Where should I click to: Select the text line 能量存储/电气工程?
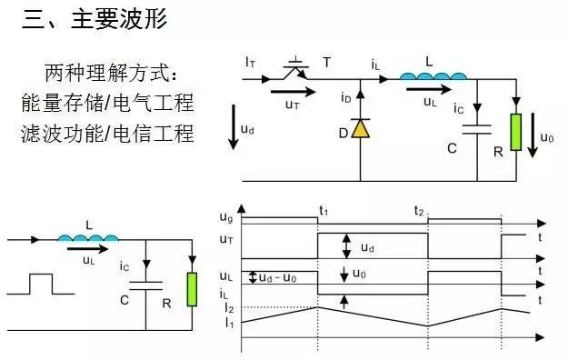click(107, 102)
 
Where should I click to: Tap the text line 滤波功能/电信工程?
click(107, 133)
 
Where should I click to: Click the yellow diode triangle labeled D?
click(361, 128)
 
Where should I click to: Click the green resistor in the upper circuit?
click(515, 132)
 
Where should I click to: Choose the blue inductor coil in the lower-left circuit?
click(88, 239)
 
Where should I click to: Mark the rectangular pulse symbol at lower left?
click(40, 284)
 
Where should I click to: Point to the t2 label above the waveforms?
click(419, 210)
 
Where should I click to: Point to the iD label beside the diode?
click(346, 97)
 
